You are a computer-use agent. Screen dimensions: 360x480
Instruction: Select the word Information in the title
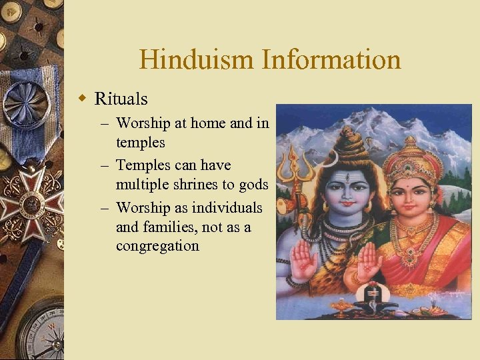click(x=331, y=59)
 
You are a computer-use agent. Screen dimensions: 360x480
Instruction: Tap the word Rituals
click(x=121, y=99)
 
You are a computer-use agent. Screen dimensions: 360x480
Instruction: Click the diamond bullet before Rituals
click(x=83, y=99)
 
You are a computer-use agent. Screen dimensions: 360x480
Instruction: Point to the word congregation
click(x=157, y=246)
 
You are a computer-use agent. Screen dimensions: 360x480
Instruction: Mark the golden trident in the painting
click(x=294, y=167)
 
